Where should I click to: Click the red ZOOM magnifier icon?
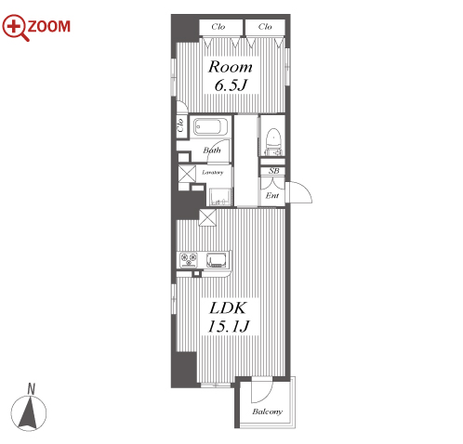15,27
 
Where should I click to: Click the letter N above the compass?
31,389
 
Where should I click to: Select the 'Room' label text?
231,67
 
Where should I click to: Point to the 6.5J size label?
231,85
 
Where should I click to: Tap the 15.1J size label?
229,326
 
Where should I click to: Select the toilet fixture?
273,141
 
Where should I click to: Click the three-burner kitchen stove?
189,260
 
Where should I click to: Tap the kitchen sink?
218,260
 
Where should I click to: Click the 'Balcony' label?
267,411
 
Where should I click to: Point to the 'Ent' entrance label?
272,195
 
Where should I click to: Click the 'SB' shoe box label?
273,171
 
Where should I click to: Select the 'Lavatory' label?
212,172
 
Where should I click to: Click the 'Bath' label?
212,150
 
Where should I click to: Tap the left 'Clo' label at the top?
218,27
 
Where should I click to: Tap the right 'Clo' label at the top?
265,27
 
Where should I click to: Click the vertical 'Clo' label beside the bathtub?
180,125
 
